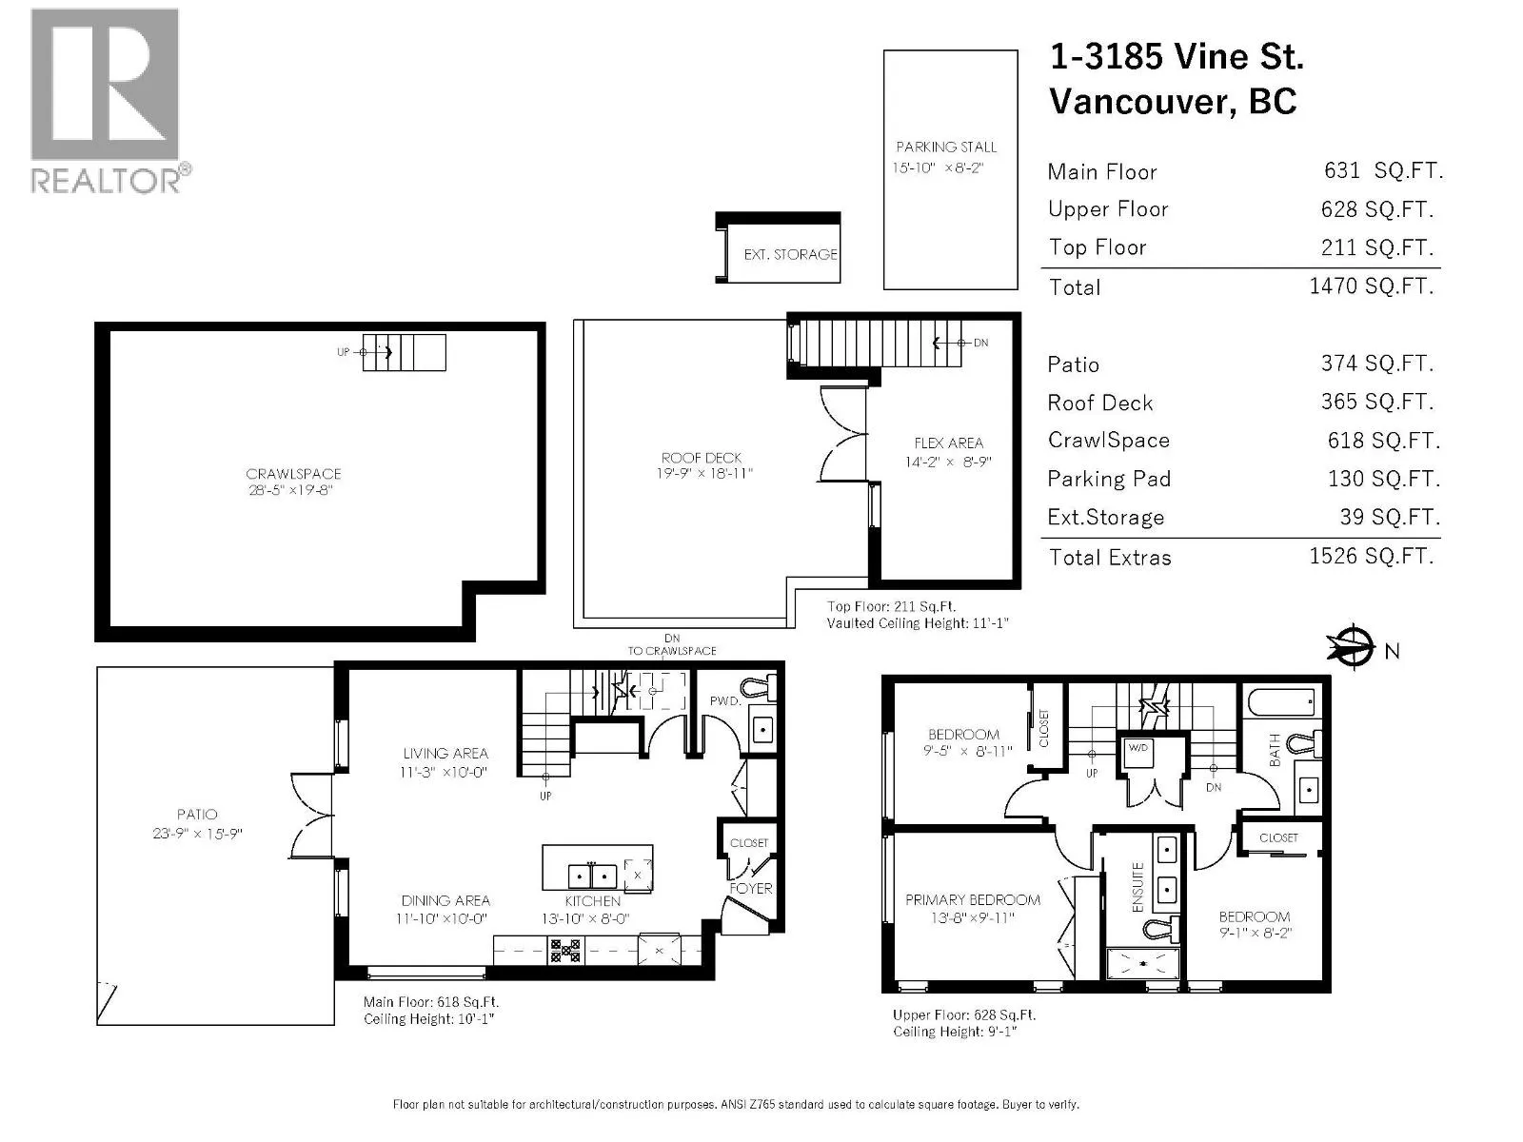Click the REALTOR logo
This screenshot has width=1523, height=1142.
(x=109, y=101)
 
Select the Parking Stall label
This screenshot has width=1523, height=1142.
(x=946, y=147)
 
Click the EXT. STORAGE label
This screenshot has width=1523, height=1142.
(x=790, y=254)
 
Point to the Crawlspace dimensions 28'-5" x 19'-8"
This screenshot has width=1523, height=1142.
(x=290, y=490)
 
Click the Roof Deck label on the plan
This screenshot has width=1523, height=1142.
(x=701, y=458)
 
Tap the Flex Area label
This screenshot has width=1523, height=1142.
(x=948, y=443)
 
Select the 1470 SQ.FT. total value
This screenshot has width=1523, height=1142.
(x=1371, y=285)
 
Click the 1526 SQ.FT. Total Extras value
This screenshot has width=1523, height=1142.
(x=1371, y=556)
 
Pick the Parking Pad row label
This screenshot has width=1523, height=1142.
(x=1109, y=479)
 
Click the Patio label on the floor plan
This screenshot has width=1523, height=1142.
(x=197, y=815)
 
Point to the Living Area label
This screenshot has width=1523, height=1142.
(x=445, y=753)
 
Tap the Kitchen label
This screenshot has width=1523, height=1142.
(x=593, y=900)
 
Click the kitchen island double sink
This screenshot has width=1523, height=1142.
(x=592, y=876)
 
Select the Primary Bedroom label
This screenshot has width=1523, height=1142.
(x=973, y=900)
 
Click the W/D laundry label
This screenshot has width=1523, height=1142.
(x=1137, y=747)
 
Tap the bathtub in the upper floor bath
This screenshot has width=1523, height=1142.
(x=1281, y=702)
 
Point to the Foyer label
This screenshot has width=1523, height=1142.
(x=751, y=888)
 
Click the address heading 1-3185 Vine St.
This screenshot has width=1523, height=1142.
(x=1177, y=56)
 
